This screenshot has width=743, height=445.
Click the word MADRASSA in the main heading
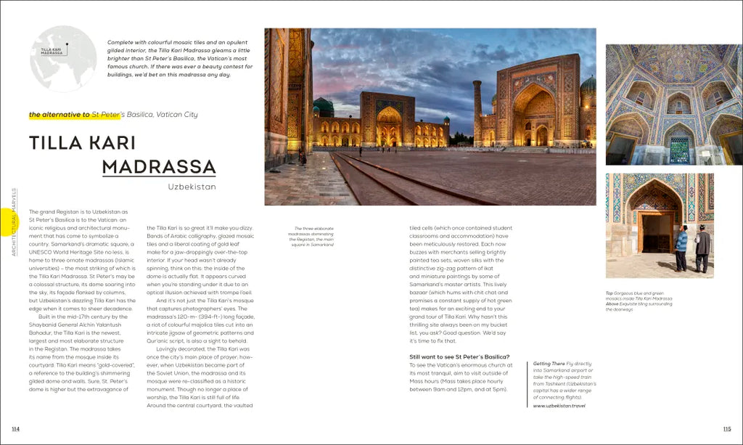(x=159, y=166)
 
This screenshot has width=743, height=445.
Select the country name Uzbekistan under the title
(x=192, y=187)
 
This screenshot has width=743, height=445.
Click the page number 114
(x=15, y=429)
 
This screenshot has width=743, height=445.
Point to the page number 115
(x=727, y=429)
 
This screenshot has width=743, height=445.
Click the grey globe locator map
(x=64, y=59)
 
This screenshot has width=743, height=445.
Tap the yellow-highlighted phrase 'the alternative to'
(x=59, y=115)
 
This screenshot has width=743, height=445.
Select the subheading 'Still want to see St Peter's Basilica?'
(x=459, y=356)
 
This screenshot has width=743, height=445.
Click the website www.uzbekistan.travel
(x=559, y=406)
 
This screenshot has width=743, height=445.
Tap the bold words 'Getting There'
(x=549, y=363)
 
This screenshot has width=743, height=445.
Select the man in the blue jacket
(x=681, y=248)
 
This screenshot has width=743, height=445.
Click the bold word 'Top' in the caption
(x=609, y=293)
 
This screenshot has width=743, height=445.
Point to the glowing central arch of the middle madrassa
(x=389, y=124)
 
